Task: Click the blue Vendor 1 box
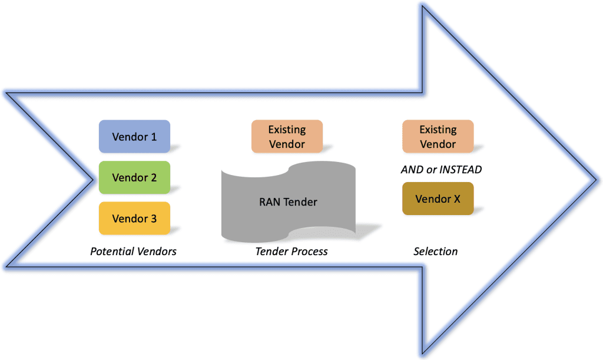[x=134, y=137]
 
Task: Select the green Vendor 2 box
[x=134, y=177]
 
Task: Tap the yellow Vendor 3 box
[x=134, y=219]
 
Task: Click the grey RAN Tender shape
[x=288, y=202]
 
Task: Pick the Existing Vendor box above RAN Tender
[x=287, y=137]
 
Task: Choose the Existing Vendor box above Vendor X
[x=438, y=137]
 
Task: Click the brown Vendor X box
[x=438, y=199]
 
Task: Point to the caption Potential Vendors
[x=133, y=252]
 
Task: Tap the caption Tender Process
[x=291, y=252]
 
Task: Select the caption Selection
[x=435, y=252]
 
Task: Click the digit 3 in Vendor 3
[x=154, y=219]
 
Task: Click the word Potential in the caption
[x=110, y=252]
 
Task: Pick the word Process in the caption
[x=310, y=252]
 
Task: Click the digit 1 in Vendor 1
[x=154, y=137]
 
